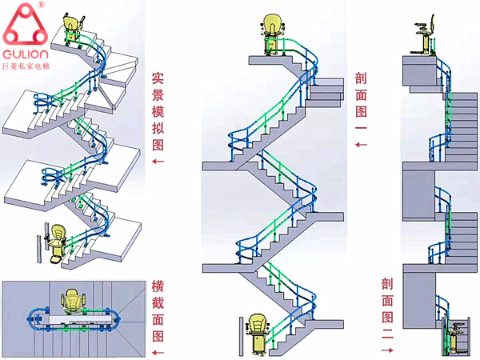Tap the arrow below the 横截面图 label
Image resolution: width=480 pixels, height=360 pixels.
pos(158,352)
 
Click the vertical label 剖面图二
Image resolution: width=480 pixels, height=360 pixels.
pos(387,305)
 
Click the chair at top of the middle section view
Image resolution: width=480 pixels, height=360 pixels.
pos(272,35)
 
